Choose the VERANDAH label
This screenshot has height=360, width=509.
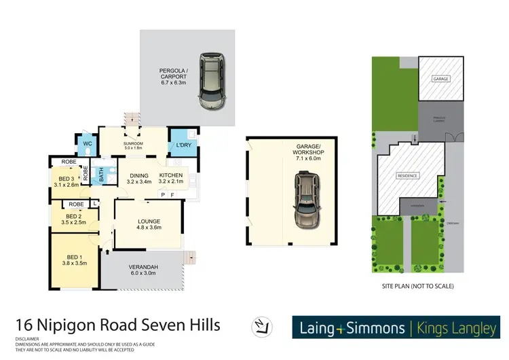(143, 268)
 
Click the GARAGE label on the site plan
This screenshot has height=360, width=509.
(440, 79)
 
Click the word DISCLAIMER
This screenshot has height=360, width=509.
(27, 338)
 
